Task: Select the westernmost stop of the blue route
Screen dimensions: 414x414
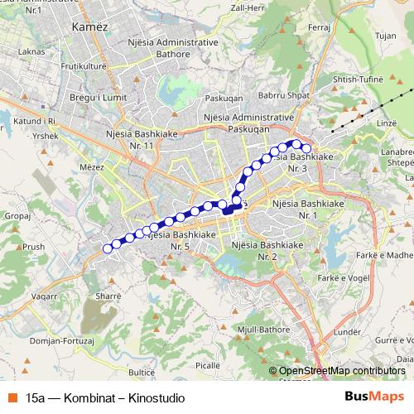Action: pos(107,248)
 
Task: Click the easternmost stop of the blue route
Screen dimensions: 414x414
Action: pos(306,148)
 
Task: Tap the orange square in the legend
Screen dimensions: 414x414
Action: pos(11,397)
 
